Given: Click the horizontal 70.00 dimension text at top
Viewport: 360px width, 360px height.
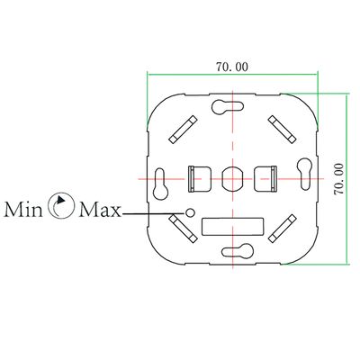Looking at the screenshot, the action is [232, 67].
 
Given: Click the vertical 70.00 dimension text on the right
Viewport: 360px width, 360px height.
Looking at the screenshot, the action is [338, 179].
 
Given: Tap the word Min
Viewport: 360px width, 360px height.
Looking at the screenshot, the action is [23, 210].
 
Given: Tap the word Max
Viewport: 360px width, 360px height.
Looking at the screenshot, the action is [101, 210].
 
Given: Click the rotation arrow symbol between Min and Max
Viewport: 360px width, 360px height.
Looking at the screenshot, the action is [61, 205].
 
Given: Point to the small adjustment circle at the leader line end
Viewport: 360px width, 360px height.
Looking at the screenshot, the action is [190, 212].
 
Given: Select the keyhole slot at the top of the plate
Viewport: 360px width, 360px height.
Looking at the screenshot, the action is [228, 107].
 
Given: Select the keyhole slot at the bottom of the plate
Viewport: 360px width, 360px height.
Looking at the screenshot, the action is [237, 250].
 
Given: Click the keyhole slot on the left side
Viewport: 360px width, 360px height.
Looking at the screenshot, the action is [161, 184].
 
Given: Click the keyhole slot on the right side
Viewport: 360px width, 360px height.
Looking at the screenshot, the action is [304, 174].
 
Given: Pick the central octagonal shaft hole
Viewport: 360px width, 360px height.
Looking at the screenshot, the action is [232, 179].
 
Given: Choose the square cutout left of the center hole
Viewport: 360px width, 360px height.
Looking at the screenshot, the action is [200, 179].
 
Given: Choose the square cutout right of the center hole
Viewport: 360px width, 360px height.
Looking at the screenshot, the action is [265, 179].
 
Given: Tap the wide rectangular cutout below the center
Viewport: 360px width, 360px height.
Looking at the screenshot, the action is [233, 226].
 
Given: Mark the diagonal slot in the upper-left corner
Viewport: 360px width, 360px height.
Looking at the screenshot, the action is [183, 130].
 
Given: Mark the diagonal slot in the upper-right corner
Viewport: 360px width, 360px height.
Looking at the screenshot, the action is [283, 130].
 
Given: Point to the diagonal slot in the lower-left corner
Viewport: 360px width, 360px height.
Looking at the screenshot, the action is [183, 229].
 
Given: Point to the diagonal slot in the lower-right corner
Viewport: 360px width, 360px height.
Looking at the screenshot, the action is [283, 229].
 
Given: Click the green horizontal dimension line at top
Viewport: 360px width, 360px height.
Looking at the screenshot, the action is [232, 74].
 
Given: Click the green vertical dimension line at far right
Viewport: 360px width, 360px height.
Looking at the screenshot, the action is [346, 179].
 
